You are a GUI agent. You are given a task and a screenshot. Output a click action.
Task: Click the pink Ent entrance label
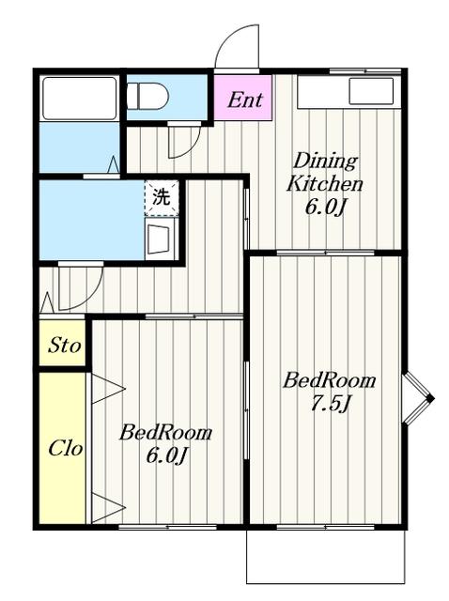coord(245,100)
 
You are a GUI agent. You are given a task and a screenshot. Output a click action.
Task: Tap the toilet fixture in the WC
coord(148,97)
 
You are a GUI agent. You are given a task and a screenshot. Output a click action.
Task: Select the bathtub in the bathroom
coord(79,99)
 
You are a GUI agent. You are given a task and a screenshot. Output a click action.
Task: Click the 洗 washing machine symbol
coord(162,197)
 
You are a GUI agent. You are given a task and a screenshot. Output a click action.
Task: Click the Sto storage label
coord(65,345)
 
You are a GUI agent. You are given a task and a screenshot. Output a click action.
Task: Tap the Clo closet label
coord(65,448)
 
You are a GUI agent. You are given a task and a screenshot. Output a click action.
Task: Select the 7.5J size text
coord(331,404)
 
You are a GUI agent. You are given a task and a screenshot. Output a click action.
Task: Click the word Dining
coord(325,161)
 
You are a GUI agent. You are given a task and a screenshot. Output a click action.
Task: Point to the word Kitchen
coord(324,184)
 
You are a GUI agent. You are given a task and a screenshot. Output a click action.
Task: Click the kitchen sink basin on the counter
coord(371,91)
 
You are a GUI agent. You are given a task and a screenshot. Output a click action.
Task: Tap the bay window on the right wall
coord(418,398)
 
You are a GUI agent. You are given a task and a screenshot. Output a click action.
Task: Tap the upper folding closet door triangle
coord(108,389)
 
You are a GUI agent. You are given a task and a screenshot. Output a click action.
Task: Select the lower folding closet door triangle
coord(108,508)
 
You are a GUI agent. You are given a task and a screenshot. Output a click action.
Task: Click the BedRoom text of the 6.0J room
coord(165,433)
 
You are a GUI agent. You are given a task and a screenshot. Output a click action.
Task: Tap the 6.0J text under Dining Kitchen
coord(325,207)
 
